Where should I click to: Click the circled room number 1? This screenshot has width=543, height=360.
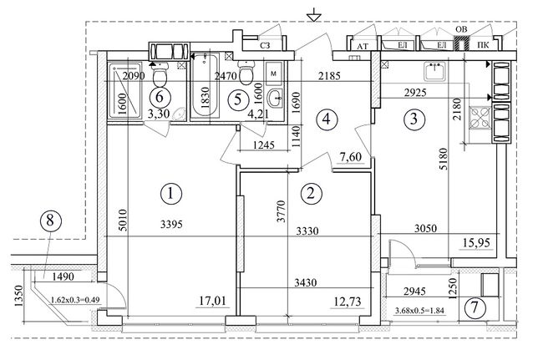click(171, 193)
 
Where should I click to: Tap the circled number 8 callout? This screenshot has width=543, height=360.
click(51, 221)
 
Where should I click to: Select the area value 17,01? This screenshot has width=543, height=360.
click(213, 301)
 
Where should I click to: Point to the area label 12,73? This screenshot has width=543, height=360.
click(348, 302)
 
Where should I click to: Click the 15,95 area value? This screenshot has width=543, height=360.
click(477, 243)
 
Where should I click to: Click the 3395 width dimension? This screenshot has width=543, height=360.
click(171, 225)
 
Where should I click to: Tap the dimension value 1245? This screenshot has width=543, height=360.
click(264, 145)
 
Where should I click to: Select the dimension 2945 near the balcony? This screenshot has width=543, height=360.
click(414, 292)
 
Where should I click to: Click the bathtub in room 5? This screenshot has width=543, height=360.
click(205, 85)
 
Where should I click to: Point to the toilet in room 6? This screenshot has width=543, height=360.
click(160, 74)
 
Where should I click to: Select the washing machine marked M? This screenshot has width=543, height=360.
click(273, 74)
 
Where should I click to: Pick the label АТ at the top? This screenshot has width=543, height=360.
click(363, 47)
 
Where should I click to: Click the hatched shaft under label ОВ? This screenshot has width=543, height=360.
click(461, 43)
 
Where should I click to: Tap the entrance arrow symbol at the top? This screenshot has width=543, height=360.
click(314, 15)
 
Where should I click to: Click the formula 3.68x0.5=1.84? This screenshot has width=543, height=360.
click(419, 311)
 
